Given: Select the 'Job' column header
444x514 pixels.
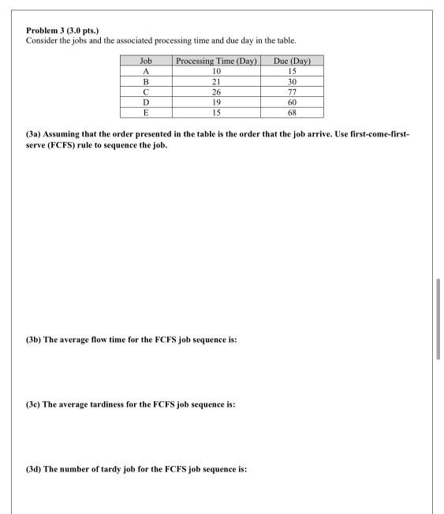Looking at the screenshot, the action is point(145,61).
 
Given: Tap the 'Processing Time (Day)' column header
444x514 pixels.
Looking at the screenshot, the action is point(217,61).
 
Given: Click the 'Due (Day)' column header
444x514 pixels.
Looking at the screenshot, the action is point(291,61).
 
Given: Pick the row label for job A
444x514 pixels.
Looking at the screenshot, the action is point(145,71).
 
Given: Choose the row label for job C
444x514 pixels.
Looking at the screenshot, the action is point(145,91).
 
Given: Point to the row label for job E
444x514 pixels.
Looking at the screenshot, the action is point(145,112).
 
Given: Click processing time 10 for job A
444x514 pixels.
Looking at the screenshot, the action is point(217,71).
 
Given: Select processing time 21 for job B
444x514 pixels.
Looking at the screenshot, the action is point(217,81).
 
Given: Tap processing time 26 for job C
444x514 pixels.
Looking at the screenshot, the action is point(217,91).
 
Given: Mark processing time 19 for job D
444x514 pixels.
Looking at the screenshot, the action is point(217,102).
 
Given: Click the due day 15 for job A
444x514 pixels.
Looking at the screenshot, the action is point(291,71).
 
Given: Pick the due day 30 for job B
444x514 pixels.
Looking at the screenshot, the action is point(291,81).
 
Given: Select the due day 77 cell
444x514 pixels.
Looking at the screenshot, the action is point(291,91).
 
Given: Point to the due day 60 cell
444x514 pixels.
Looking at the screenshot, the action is point(291,102).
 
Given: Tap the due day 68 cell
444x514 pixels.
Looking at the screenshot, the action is point(291,112).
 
